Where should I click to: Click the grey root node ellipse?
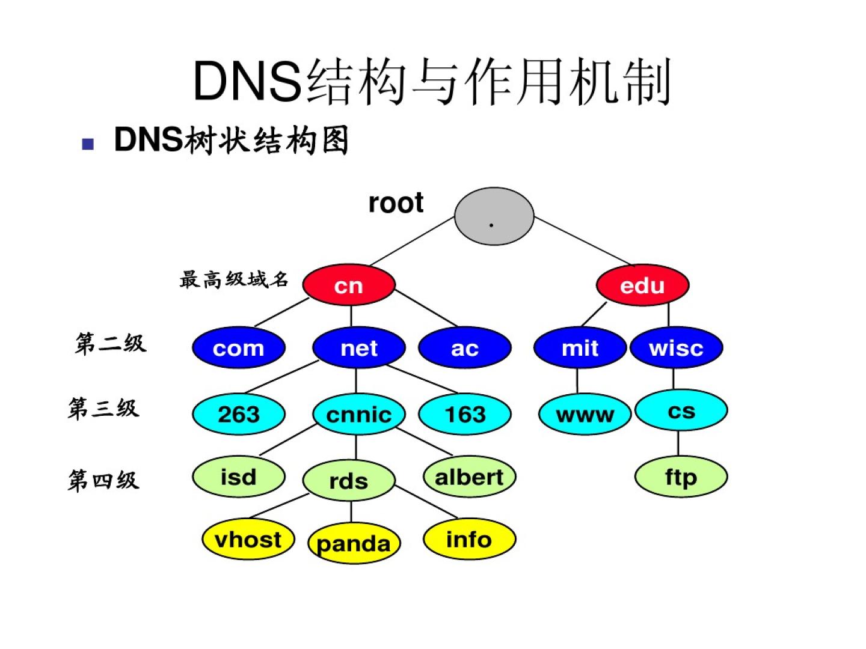click(x=494, y=216)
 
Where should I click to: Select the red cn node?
click(x=349, y=285)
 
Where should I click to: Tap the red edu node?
click(x=642, y=285)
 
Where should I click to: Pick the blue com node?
click(x=239, y=347)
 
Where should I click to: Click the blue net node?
click(x=359, y=347)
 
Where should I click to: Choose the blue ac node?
click(x=464, y=347)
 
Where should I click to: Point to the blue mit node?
click(x=580, y=347)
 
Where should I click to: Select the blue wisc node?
click(x=676, y=347)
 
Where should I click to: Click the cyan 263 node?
click(x=239, y=414)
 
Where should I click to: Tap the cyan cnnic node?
click(x=359, y=414)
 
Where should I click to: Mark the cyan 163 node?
click(x=464, y=414)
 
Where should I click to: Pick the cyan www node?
click(x=585, y=414)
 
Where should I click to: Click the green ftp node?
click(x=681, y=477)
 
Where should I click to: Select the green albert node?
click(x=469, y=477)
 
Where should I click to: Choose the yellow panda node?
click(x=354, y=543)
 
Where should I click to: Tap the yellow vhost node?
click(x=248, y=539)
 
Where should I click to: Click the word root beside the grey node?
click(x=396, y=203)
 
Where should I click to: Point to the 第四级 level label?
click(x=103, y=480)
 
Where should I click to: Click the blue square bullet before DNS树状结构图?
click(x=88, y=144)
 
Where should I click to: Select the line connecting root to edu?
click(x=583, y=241)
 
